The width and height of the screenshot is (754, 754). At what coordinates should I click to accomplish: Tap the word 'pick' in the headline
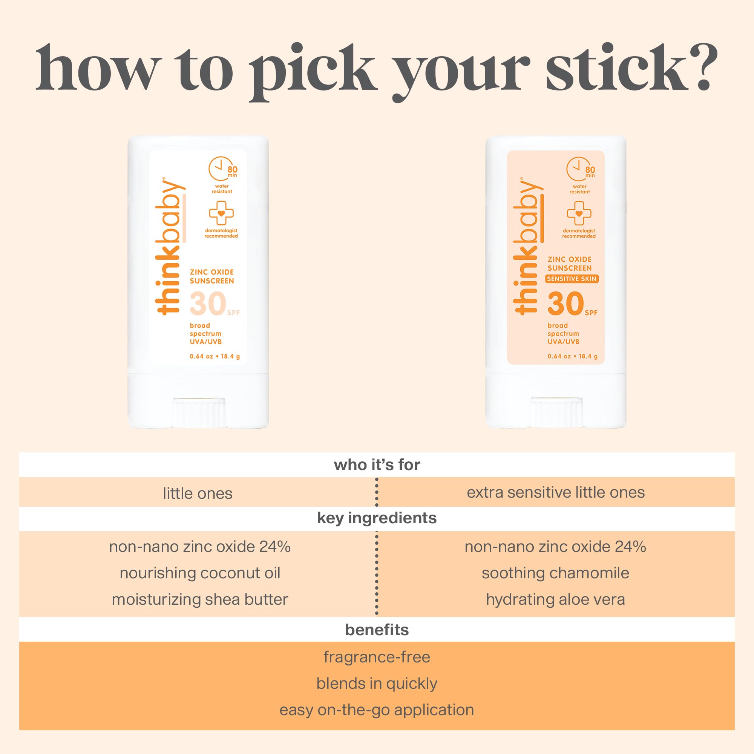point(312,72)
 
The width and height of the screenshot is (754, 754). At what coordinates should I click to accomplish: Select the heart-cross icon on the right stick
point(579,213)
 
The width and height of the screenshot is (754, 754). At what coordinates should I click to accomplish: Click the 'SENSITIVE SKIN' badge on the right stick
point(572,279)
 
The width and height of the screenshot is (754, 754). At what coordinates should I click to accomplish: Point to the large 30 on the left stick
point(208,303)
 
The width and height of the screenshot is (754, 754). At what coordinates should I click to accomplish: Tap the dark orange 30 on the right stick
point(565,303)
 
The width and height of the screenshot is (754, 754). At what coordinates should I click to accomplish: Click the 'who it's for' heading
point(377,465)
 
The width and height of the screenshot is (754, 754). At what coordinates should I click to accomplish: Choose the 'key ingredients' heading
point(377,518)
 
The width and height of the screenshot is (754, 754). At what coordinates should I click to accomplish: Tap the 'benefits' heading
point(377,630)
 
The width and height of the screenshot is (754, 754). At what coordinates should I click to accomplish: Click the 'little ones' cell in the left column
point(198,493)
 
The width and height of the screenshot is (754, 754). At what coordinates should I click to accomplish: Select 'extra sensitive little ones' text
point(556,492)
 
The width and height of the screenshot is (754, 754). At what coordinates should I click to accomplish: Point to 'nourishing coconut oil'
point(200,573)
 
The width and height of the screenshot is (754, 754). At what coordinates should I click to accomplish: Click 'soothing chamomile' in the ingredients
point(555,573)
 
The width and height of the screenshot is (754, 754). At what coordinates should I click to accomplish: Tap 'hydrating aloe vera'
point(555,599)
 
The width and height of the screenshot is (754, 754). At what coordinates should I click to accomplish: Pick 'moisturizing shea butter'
point(200,599)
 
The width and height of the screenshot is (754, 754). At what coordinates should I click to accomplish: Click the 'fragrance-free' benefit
point(377,657)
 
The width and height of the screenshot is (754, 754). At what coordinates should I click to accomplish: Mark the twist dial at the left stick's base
point(199,412)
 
